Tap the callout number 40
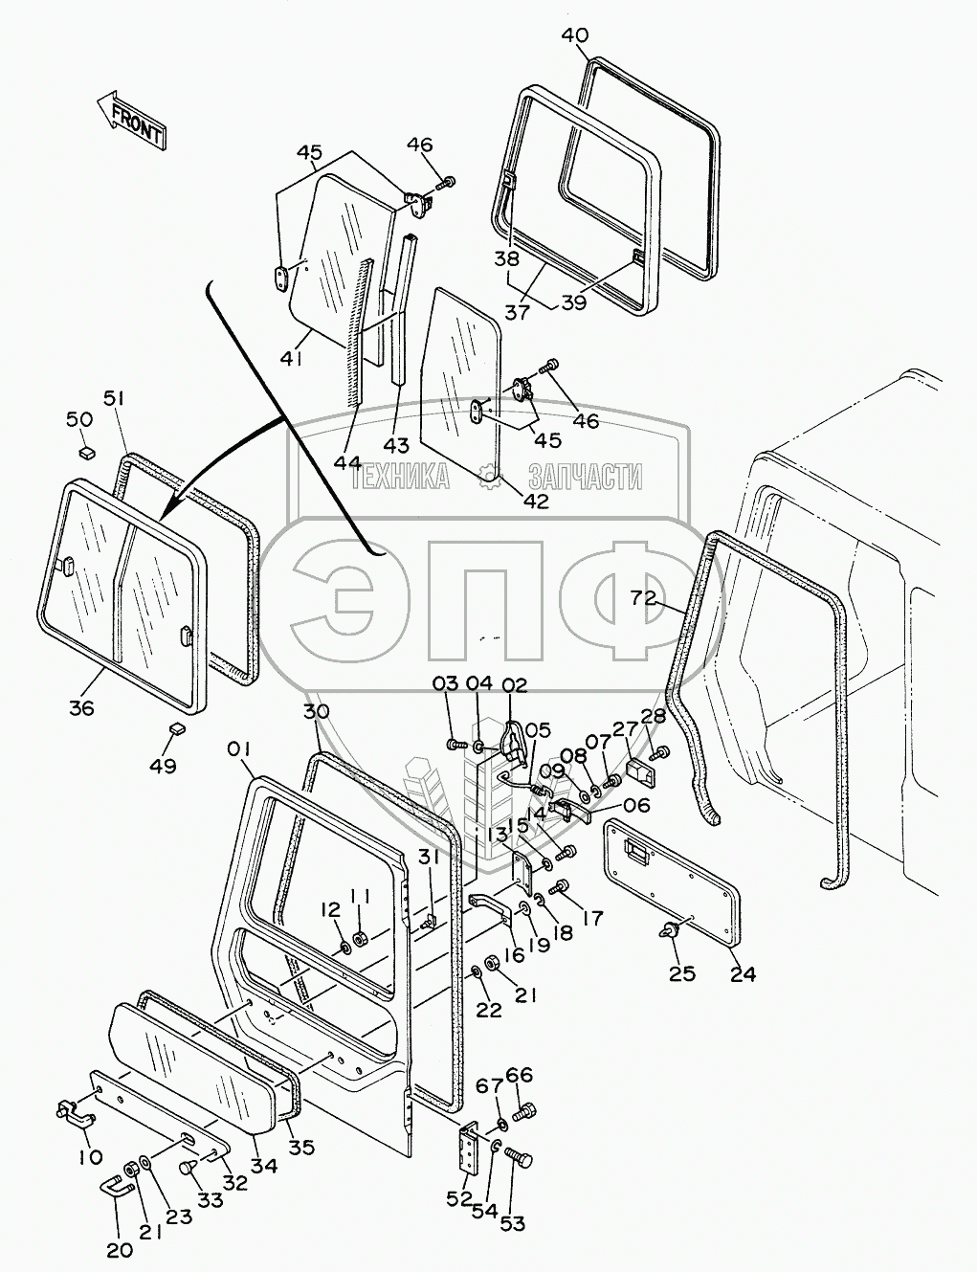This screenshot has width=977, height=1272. point(575,35)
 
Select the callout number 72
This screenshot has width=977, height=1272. point(643,597)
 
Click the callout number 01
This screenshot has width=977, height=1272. point(238,749)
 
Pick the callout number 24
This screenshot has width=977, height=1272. point(743,974)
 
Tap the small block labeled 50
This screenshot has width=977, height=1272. point(87,452)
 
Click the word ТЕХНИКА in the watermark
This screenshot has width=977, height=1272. point(401,476)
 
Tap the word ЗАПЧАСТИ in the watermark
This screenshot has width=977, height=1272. point(585,476)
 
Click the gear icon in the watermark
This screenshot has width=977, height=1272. point(488,476)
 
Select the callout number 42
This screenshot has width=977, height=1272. point(537,501)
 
